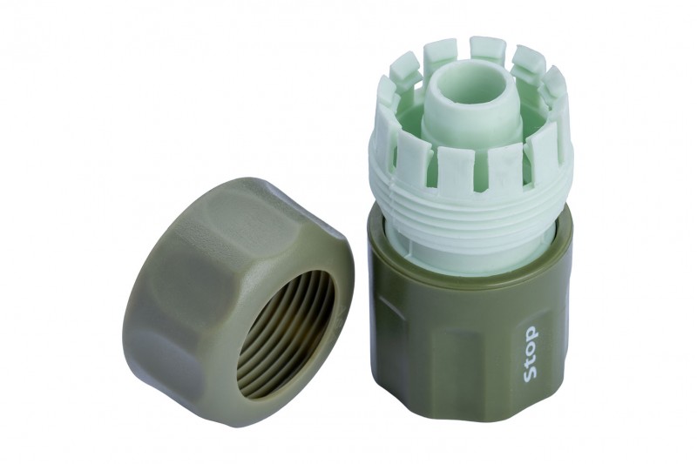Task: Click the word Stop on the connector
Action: click(531, 354)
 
